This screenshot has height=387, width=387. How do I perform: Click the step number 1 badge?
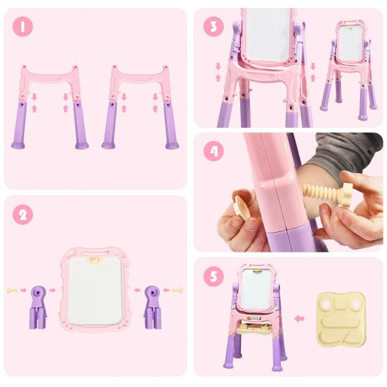(x=23, y=27)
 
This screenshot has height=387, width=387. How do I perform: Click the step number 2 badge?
(x=23, y=215)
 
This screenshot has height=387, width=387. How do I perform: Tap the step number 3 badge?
(x=214, y=27)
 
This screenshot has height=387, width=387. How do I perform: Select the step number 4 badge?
(x=214, y=151)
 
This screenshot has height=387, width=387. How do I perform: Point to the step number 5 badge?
(x=214, y=277)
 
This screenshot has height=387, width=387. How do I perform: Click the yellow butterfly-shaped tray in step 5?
(x=341, y=319)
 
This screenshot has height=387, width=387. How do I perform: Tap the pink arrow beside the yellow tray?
(x=299, y=318)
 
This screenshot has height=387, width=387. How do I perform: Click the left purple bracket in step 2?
(x=38, y=307)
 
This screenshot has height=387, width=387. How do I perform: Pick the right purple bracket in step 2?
(x=153, y=307)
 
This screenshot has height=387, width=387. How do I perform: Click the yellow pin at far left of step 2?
(x=12, y=291)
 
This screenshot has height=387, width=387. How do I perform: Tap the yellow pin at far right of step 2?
(x=177, y=291)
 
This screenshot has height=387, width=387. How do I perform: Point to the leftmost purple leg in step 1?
(x=19, y=125)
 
